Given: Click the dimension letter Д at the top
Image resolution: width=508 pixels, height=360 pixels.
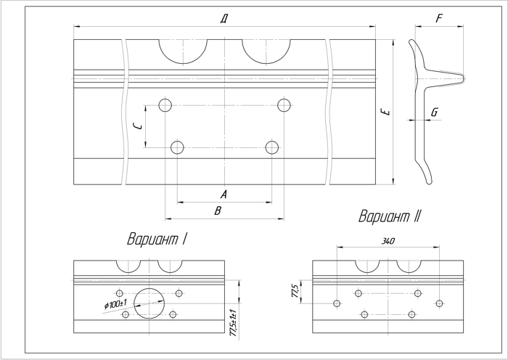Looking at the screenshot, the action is point(224,19).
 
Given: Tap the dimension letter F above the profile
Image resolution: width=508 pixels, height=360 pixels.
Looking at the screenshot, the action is point(439,18).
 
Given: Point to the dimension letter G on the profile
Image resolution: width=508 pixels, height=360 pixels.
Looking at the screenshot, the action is point(435,112).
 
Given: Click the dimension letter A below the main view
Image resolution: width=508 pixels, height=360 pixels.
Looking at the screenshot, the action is point(224,195).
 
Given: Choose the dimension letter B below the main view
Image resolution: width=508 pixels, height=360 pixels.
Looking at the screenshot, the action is point(218,210).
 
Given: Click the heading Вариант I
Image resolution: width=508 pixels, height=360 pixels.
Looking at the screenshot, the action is point(157,239).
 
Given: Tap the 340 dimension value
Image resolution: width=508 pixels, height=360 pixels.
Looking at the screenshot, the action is point(388,241).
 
